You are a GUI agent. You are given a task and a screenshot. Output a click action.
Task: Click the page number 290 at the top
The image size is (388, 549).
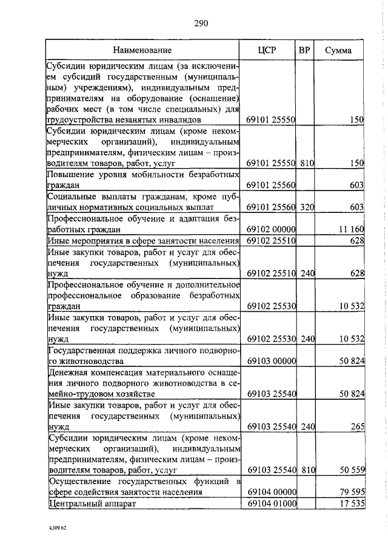[x=201, y=24]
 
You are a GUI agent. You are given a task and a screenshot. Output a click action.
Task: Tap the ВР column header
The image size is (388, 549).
[x=305, y=50]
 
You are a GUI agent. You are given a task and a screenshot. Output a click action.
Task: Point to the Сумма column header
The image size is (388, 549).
[x=338, y=50]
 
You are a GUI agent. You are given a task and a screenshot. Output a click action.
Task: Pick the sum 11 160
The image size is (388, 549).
[x=349, y=229]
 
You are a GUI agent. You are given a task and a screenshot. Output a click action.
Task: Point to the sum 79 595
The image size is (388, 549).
[x=349, y=492]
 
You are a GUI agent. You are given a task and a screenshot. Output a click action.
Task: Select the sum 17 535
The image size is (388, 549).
[x=349, y=504]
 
